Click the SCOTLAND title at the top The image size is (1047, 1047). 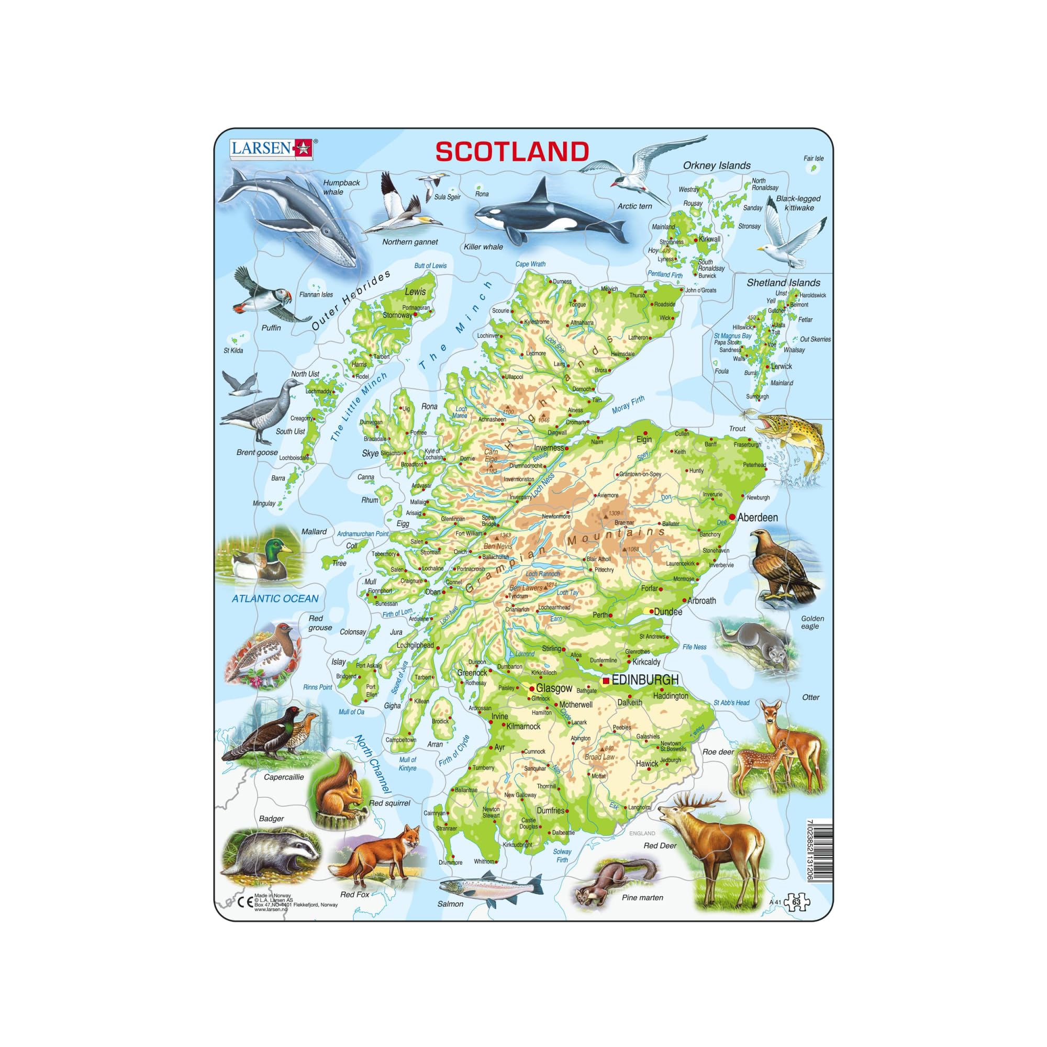(512, 152)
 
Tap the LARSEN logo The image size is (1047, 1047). (272, 148)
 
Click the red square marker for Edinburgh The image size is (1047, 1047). (606, 681)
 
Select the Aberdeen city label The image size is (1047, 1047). (757, 518)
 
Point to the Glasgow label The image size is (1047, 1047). (554, 688)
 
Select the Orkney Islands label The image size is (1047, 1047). (717, 165)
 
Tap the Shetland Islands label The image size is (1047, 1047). (783, 282)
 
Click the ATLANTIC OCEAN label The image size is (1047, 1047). (275, 598)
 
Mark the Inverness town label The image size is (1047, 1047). (549, 448)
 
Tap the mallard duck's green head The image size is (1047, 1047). (280, 545)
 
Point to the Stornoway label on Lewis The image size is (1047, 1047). (397, 315)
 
